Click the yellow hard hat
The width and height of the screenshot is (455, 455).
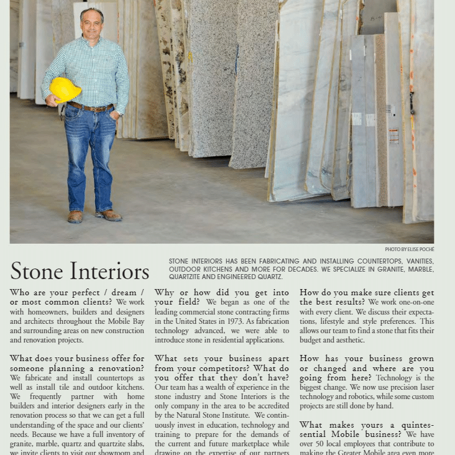pyautogui.click(x=65, y=90)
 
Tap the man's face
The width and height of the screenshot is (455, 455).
pyautogui.click(x=92, y=24)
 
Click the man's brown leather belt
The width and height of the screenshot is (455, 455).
pyautogui.click(x=90, y=108)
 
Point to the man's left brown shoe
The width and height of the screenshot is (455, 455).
pyautogui.click(x=109, y=215)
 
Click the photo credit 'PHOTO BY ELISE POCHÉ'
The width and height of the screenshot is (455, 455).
pyautogui.click(x=409, y=249)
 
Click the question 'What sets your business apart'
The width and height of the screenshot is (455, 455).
pyautogui.click(x=221, y=359)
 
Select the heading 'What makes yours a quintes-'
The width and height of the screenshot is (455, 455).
pyautogui.click(x=367, y=425)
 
